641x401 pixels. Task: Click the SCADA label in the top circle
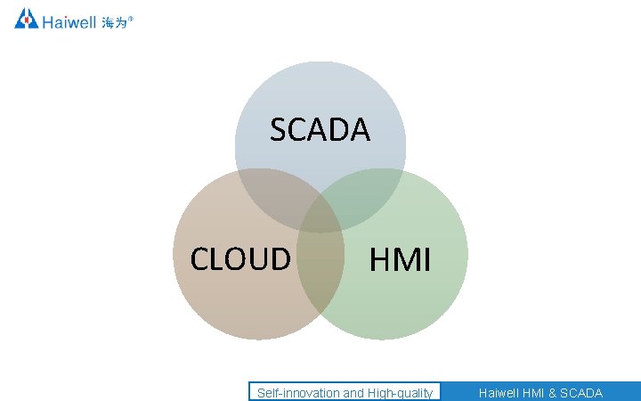click(320, 131)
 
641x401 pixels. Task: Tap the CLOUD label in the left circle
click(240, 258)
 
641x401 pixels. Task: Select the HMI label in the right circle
click(401, 260)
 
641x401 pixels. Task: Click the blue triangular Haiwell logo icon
click(26, 18)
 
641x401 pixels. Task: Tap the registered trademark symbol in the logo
click(132, 16)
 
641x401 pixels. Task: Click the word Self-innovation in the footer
click(297, 393)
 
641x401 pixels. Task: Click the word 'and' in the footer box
click(353, 393)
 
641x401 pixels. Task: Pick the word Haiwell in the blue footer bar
click(499, 393)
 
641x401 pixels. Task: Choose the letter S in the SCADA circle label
click(278, 131)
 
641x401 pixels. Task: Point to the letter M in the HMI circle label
click(403, 260)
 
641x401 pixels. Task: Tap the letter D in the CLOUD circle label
click(280, 258)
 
